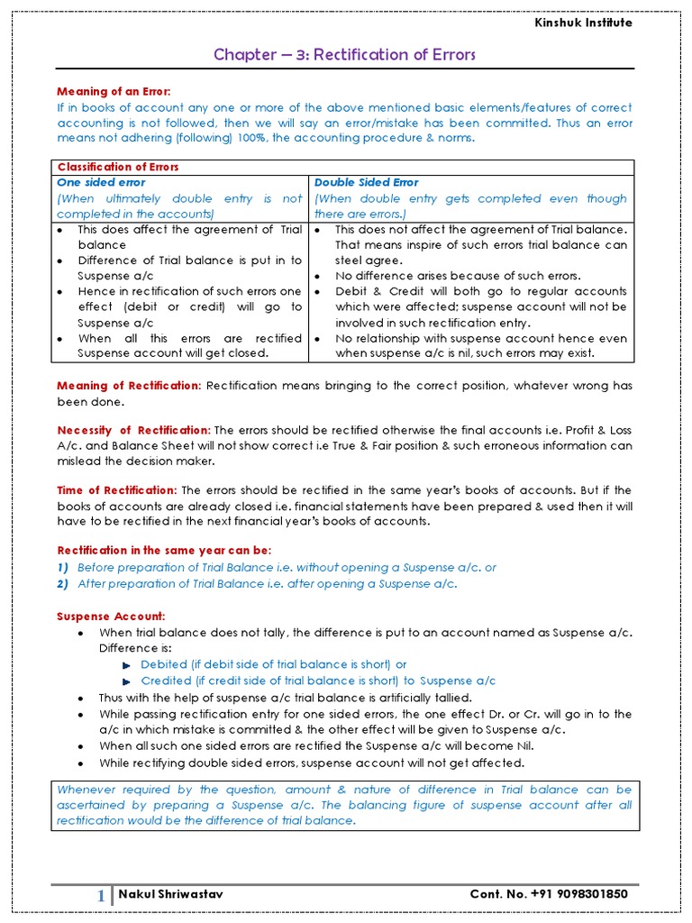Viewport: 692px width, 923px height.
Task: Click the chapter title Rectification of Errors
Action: [344, 55]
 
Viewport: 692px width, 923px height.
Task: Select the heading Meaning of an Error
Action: [114, 92]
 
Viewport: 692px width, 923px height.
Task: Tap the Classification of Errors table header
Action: [118, 167]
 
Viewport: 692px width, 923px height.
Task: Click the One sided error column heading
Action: [101, 182]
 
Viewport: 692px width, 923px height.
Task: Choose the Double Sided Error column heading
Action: [366, 182]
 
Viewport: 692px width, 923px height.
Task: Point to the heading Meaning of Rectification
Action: [129, 386]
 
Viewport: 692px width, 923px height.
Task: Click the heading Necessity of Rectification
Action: [134, 429]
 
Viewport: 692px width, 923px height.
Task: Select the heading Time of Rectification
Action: [117, 490]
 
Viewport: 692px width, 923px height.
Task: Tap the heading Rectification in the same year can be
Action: [164, 550]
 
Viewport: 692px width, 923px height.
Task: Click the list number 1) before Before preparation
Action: [63, 568]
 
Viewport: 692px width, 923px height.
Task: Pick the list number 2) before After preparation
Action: [63, 584]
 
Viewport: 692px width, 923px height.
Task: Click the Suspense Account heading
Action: [112, 616]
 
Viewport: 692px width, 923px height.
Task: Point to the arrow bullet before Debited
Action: [127, 665]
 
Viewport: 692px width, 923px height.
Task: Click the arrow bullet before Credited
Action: [127, 681]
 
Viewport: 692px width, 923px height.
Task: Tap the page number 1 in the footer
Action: [101, 895]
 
